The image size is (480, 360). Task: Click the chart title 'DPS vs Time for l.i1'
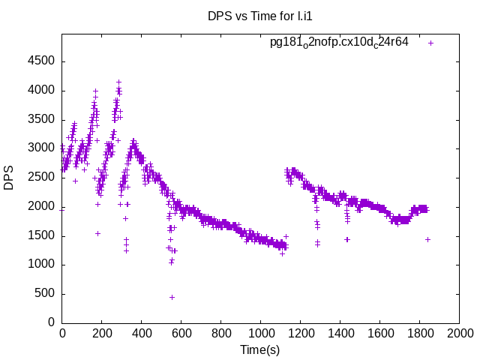(x=259, y=16)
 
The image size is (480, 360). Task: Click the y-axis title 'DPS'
(x=9, y=178)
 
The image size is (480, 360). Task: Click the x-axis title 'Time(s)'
(x=259, y=349)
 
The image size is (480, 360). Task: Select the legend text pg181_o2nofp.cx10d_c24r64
(x=339, y=43)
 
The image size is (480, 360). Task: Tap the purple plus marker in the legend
(x=430, y=43)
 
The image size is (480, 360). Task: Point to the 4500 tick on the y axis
(x=40, y=61)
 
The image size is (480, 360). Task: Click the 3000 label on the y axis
(x=40, y=148)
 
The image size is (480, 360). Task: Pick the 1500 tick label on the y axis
(x=40, y=235)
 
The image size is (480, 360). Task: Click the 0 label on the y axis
(x=51, y=322)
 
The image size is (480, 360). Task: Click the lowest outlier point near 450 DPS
(x=172, y=297)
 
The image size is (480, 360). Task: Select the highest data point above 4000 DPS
(x=118, y=82)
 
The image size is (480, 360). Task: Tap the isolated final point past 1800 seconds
(x=427, y=239)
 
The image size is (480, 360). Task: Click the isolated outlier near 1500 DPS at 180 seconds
(x=97, y=233)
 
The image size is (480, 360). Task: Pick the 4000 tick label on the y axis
(x=40, y=91)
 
